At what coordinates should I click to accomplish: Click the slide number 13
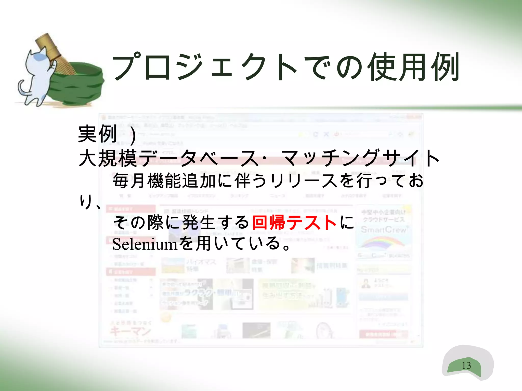pyautogui.click(x=466, y=365)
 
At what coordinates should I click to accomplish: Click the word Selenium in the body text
pyautogui.click(x=145, y=244)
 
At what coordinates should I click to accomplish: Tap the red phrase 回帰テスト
pyautogui.click(x=294, y=222)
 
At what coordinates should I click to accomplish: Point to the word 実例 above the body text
pyautogui.click(x=97, y=134)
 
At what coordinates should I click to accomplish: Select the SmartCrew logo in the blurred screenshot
pyautogui.click(x=384, y=230)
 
